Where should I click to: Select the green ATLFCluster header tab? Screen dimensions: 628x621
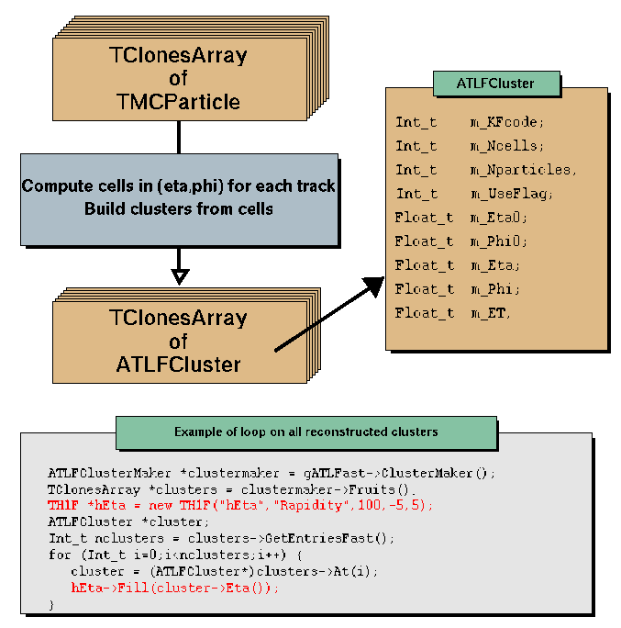pyautogui.click(x=495, y=83)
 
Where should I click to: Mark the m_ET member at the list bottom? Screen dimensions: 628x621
pyautogui.click(x=491, y=313)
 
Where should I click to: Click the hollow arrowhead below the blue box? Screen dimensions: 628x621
pyautogui.click(x=180, y=275)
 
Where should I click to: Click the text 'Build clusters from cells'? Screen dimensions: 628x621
pyautogui.click(x=178, y=208)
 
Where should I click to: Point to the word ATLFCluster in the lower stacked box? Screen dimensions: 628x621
pyautogui.click(x=178, y=364)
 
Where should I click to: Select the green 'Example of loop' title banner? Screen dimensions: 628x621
pyautogui.click(x=305, y=432)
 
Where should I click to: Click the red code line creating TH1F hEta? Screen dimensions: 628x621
pyautogui.click(x=241, y=506)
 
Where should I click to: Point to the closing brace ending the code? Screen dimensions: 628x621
pyautogui.click(x=51, y=605)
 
